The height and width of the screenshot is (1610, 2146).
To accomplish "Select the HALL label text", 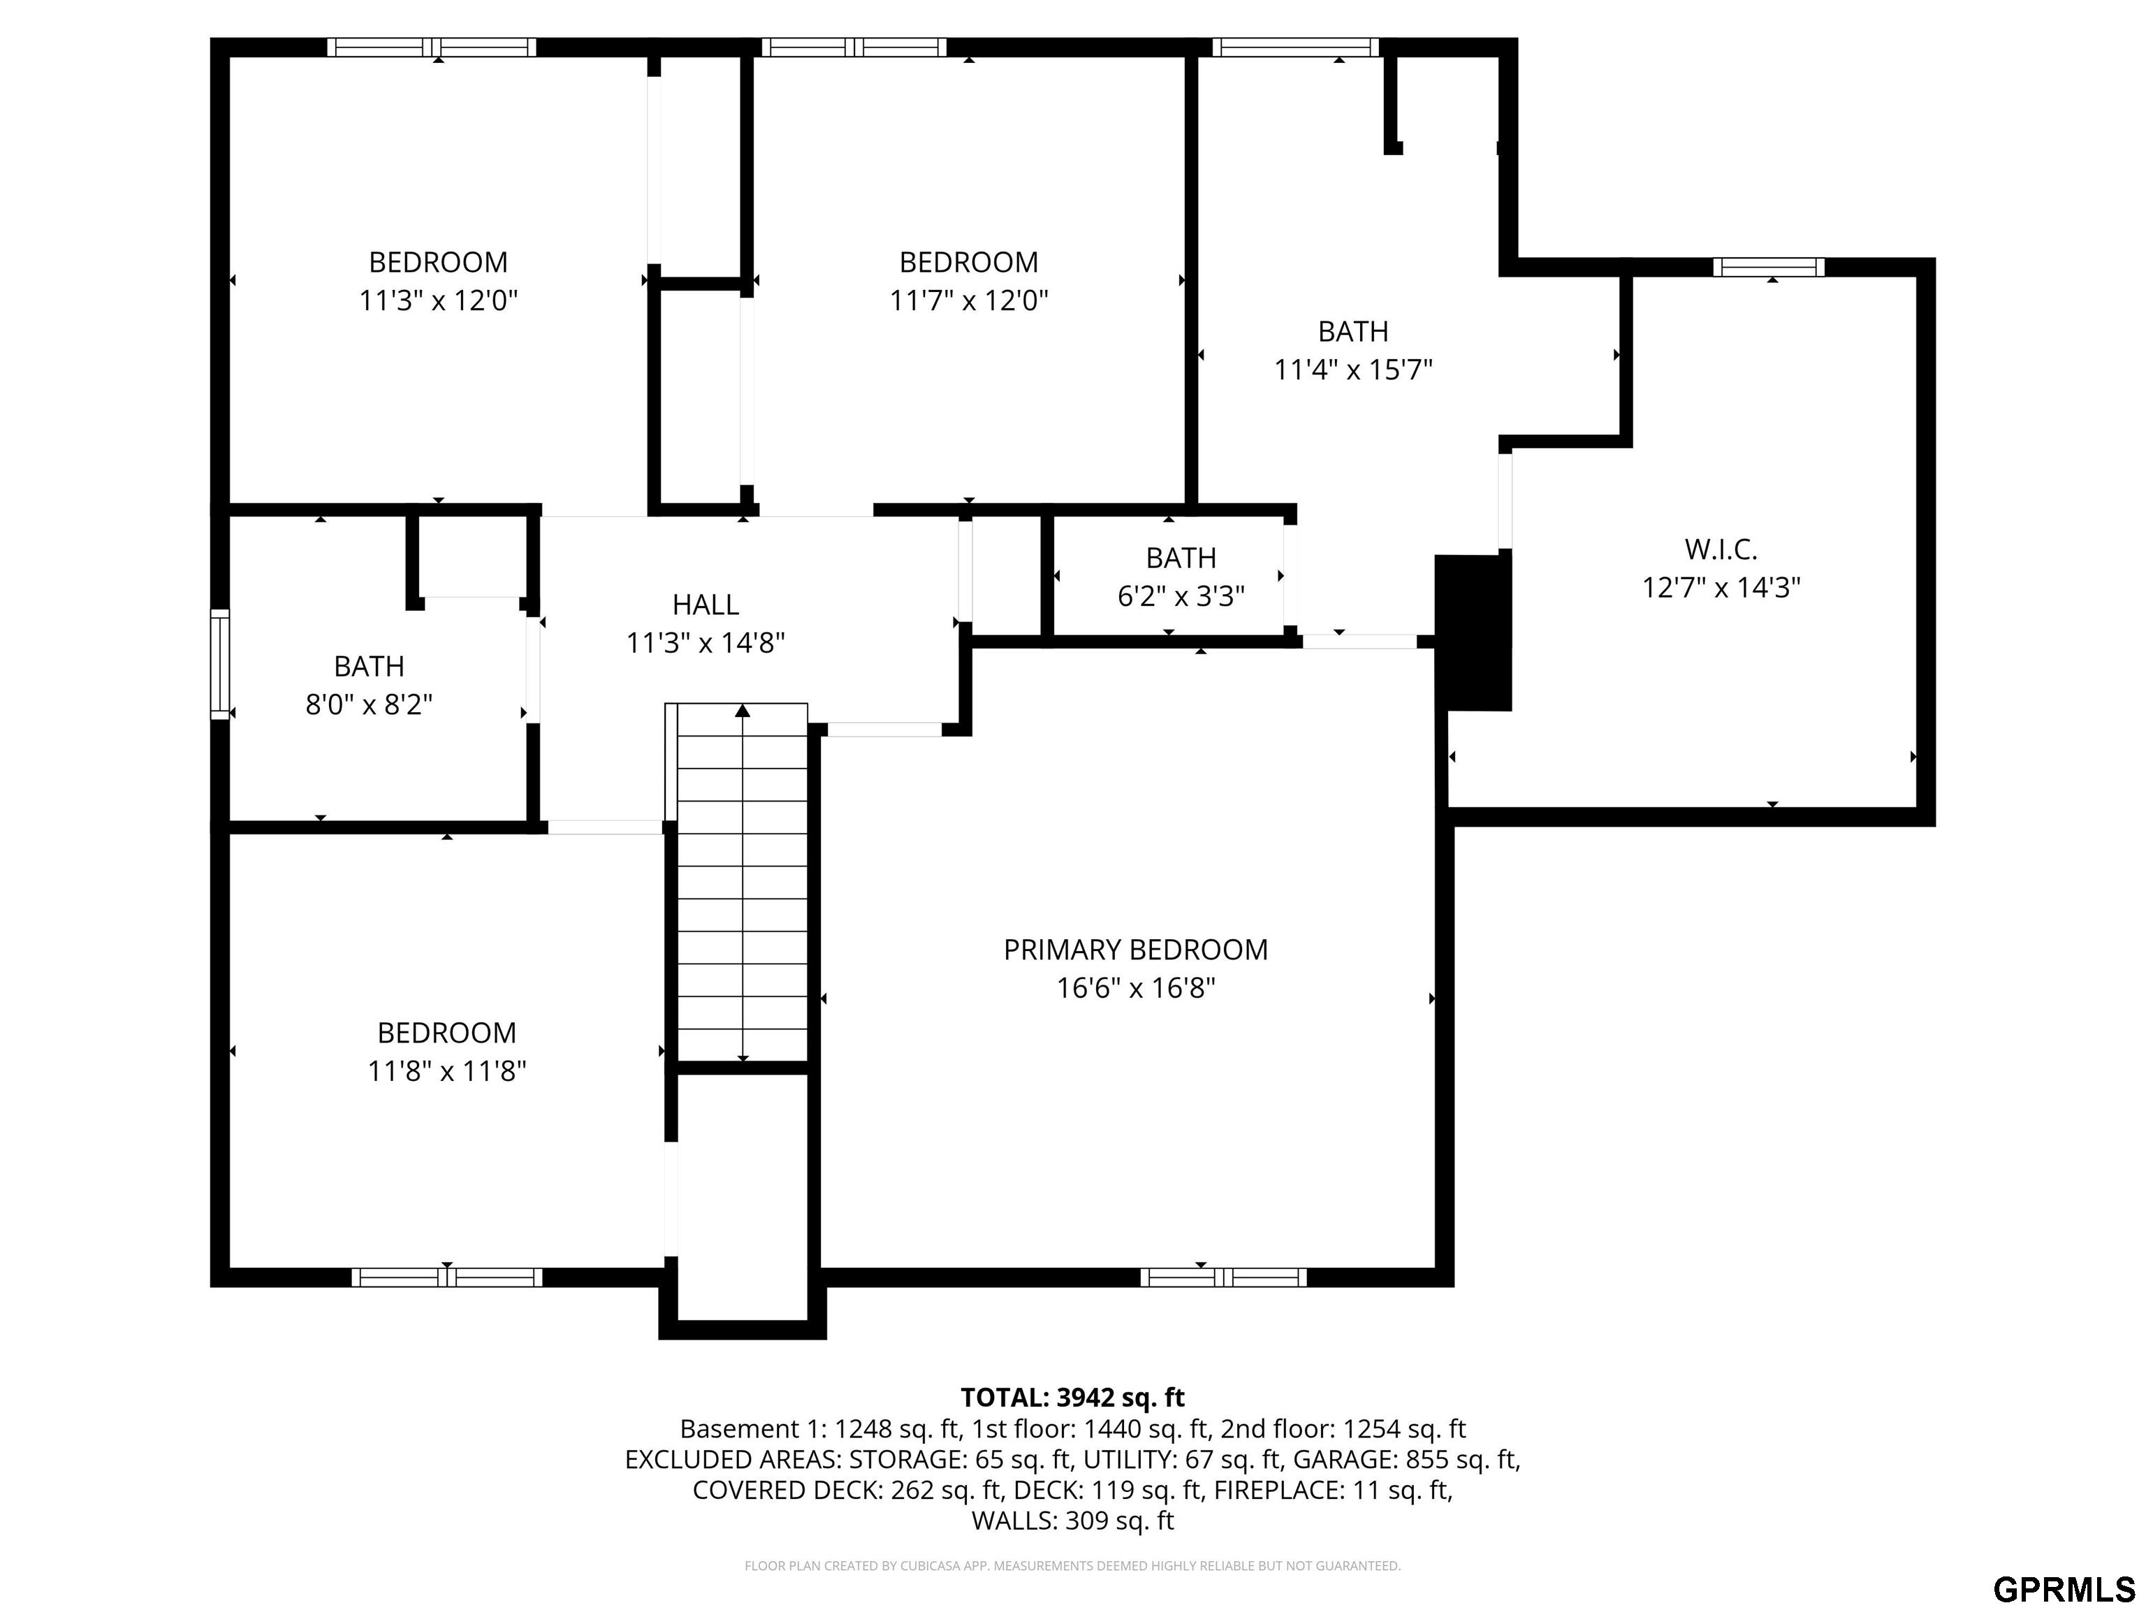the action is point(706,604).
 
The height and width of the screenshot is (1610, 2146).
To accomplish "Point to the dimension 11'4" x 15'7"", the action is point(1352,370).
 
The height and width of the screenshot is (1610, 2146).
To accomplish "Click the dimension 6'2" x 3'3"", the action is point(1181,596).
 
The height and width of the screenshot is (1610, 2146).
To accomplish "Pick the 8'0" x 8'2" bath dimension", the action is point(369,704).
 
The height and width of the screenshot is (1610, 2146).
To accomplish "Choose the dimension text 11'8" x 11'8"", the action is point(446,1071).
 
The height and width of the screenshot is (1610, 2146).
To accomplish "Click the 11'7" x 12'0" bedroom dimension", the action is point(969,300).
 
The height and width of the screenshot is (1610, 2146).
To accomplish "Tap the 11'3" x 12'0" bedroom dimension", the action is point(439,300).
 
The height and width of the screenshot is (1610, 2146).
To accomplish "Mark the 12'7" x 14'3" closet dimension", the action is point(1721,587).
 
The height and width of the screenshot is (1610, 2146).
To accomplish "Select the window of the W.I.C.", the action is point(1769,267).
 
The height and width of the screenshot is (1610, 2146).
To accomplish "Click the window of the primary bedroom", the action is point(1223,1277).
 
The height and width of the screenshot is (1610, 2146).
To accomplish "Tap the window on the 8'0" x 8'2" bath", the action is point(220,665).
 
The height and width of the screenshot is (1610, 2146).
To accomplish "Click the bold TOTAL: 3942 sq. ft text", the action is point(1072,1398).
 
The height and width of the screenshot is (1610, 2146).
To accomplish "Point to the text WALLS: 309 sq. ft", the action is point(1072,1521).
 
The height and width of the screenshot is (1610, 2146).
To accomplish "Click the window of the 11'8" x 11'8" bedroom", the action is point(446,1277).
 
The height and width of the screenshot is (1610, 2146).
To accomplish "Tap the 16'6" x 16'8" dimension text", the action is point(1135,988).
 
